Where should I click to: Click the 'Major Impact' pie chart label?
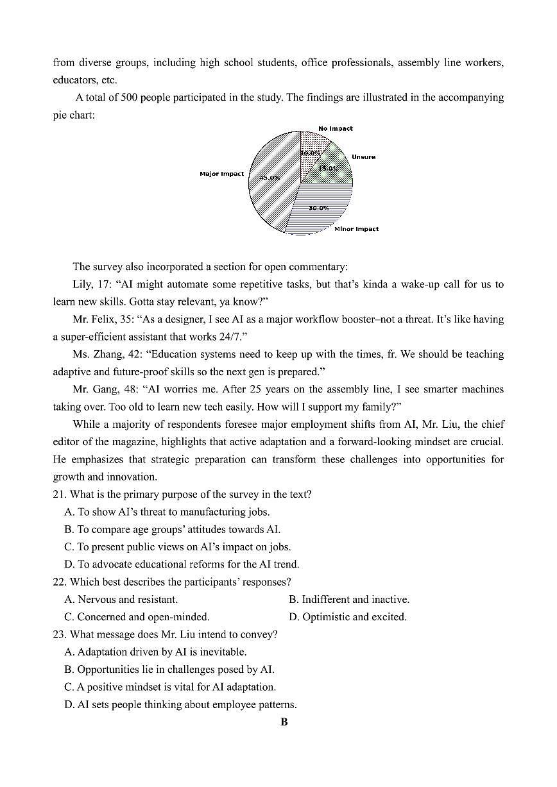221,174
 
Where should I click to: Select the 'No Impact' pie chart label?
335,128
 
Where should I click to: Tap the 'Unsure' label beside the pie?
363,157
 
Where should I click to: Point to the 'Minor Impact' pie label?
356,229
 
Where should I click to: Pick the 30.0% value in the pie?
318,208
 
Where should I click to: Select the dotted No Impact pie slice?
314,144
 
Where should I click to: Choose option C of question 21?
178,547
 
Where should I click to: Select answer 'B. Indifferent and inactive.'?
348,600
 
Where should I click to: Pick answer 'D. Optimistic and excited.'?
347,617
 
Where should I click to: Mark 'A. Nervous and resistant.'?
121,600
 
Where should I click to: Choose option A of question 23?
155,652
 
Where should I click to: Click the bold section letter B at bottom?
284,722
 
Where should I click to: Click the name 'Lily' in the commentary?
83,284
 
